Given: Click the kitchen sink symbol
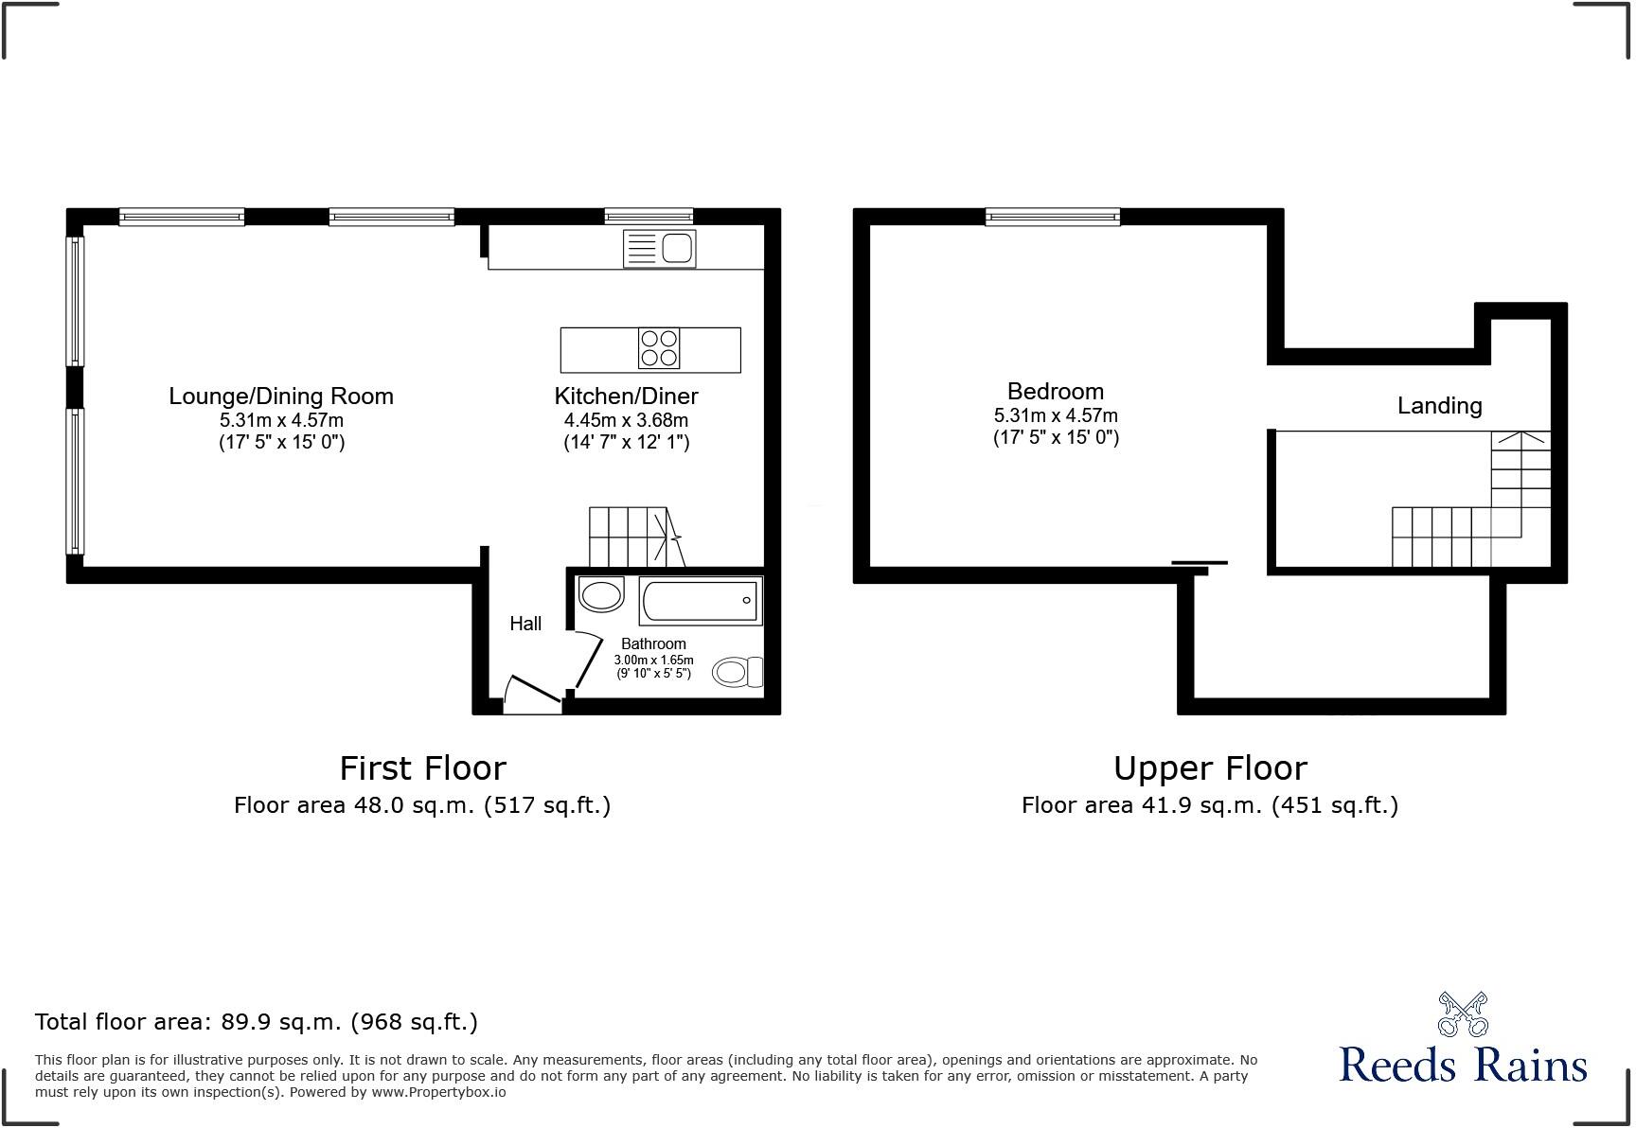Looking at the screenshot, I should coord(660,249).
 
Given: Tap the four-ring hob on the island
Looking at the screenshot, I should coord(659,348).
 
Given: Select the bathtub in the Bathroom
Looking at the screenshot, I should coord(700,600).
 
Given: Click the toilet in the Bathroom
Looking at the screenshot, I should coord(737,671).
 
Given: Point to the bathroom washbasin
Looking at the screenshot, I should coord(600,594).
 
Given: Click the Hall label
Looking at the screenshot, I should coord(525,624).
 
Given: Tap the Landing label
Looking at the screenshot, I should coord(1439,406).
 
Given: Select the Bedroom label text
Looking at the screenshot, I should coord(1055,392).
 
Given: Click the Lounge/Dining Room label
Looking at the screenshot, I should coord(281,397).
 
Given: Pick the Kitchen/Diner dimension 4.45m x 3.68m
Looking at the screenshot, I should coord(626,420).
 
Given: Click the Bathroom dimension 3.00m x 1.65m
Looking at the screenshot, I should coord(653,661).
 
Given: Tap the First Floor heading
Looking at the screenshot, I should coord(422,767).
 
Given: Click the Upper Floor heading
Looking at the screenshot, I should coord(1209,767).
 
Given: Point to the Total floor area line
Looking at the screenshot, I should coord(256,1022).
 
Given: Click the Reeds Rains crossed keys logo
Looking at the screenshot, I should coord(1463,1014).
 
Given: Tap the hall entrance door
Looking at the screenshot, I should coord(531,696).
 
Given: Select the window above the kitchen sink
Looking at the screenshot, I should coord(649,216).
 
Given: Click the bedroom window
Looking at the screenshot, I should coord(1052,217).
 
